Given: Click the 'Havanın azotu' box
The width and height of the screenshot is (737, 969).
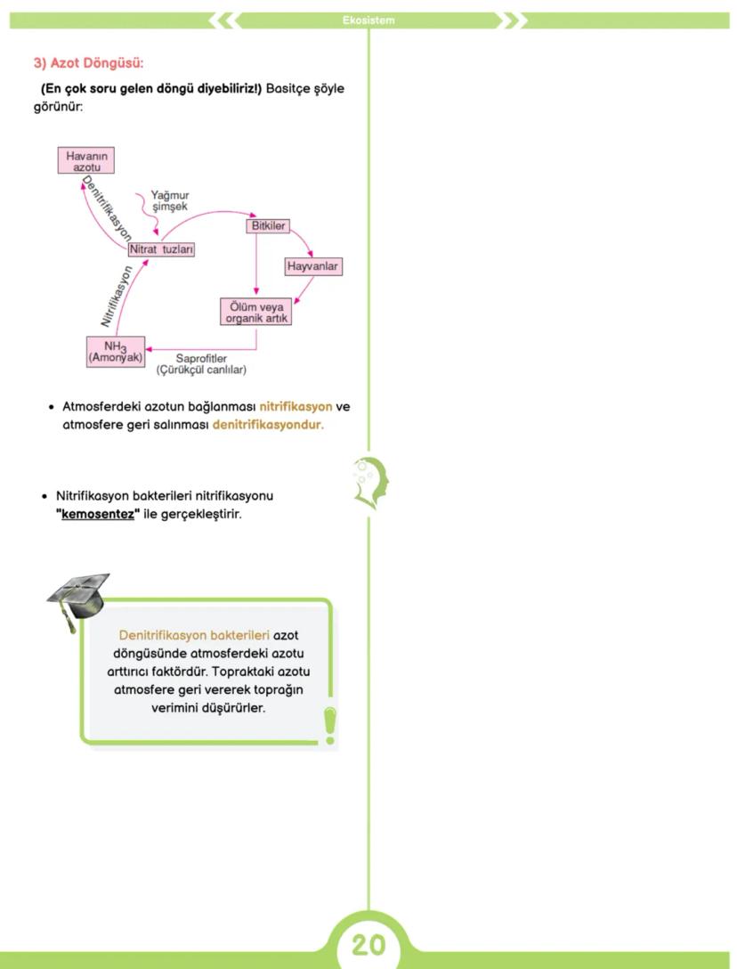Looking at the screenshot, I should click(87, 161).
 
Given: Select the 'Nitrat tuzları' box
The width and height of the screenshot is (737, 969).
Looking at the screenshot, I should click(161, 250).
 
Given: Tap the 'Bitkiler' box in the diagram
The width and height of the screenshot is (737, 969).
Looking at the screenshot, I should click(268, 226).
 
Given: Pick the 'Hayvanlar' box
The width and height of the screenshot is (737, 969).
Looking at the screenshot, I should click(313, 266).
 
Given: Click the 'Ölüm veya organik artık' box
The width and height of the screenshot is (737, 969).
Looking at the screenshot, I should click(256, 313).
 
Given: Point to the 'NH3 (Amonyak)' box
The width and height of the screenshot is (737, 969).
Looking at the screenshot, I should click(116, 352).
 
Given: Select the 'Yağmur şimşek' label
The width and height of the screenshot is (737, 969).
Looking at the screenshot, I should click(169, 200).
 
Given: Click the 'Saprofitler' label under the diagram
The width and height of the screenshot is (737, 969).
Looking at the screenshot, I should click(201, 358).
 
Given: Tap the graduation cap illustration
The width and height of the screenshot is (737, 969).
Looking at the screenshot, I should click(78, 596).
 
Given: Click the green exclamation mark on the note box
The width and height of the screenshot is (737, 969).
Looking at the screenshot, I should click(330, 724).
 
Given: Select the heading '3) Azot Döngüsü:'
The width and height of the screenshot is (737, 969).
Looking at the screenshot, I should click(88, 63).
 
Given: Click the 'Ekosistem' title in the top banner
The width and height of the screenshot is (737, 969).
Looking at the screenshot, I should click(368, 20).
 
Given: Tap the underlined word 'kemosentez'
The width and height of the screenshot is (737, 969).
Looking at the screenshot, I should click(98, 514).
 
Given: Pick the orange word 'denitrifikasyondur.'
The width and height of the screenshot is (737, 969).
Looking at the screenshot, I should click(268, 425).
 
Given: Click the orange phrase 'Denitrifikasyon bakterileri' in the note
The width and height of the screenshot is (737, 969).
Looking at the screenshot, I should click(194, 636).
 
